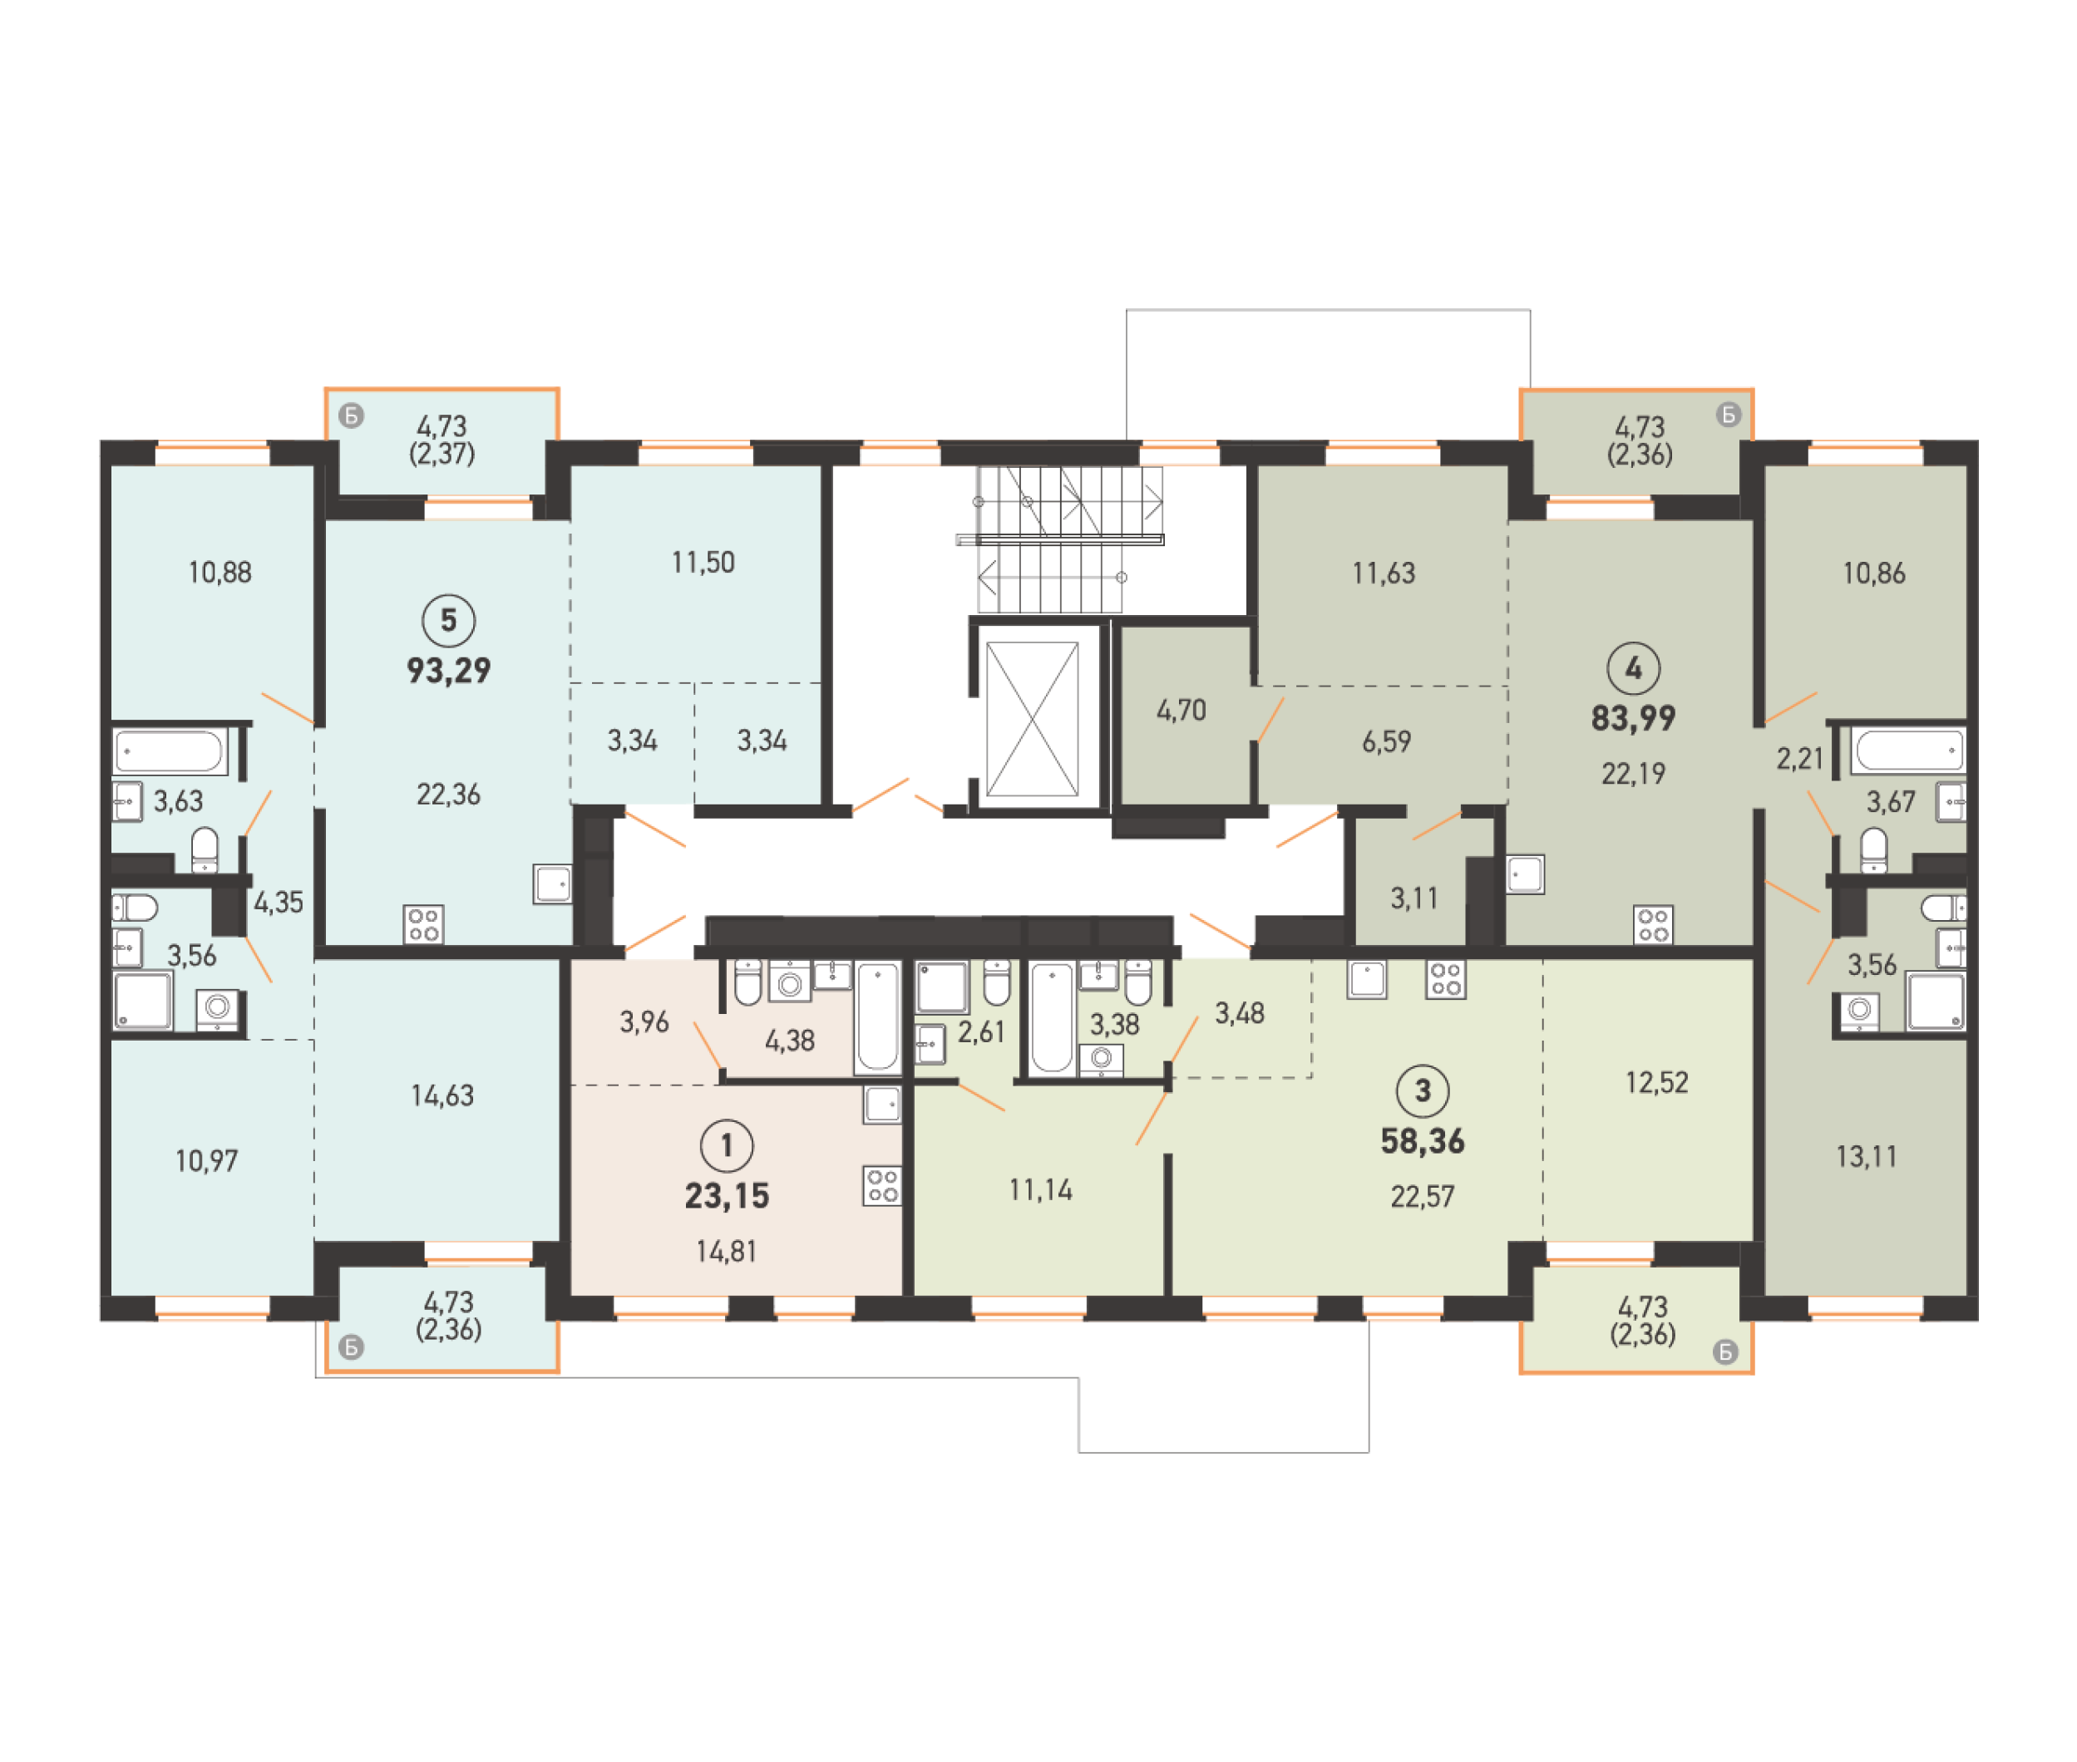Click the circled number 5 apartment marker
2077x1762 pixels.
(448, 620)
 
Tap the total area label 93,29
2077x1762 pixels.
(448, 670)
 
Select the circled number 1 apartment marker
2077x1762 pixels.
(727, 1145)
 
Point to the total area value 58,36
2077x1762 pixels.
(1422, 1140)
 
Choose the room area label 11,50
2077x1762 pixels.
(703, 563)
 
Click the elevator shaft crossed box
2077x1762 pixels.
(1032, 718)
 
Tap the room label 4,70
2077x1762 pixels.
(1181, 710)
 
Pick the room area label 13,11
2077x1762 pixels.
(1865, 1157)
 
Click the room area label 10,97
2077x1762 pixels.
(207, 1161)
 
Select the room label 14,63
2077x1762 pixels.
(442, 1095)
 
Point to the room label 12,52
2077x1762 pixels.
(1656, 1082)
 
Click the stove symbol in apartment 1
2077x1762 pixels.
(882, 1186)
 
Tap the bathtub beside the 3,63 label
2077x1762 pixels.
(170, 751)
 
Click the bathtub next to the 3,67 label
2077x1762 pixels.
(1907, 751)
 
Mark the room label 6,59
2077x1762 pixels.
(1386, 741)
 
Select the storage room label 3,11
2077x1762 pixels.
(1413, 898)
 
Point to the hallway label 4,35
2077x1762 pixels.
(278, 902)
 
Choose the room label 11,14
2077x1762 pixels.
(1040, 1189)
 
